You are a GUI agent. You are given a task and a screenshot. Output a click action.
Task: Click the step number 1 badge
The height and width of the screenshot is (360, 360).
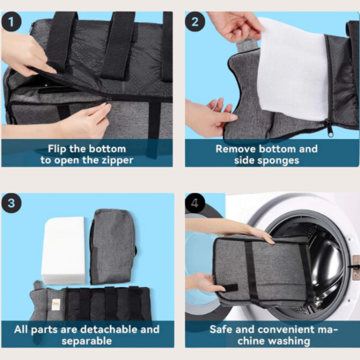point(12,22)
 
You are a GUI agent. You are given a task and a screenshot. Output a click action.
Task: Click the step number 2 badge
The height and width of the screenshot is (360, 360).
point(195,22)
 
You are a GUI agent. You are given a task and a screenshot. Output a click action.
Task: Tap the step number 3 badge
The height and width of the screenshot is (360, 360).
point(12,203)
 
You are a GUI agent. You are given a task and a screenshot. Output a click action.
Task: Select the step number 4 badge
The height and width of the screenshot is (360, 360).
point(195,203)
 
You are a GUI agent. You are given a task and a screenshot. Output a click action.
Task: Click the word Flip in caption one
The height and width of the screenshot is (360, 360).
point(58,149)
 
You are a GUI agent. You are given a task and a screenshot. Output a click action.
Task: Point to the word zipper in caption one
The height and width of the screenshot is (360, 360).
point(114,160)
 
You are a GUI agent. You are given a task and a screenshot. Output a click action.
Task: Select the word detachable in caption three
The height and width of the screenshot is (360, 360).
point(102,330)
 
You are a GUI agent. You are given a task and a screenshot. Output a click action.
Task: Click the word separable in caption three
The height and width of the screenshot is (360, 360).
point(87,340)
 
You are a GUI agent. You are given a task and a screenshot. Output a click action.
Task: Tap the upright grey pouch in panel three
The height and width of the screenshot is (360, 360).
point(113,246)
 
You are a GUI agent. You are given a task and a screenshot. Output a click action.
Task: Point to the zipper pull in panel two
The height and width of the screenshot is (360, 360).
point(329,129)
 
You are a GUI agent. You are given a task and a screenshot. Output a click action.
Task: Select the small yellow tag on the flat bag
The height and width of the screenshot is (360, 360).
point(56,304)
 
